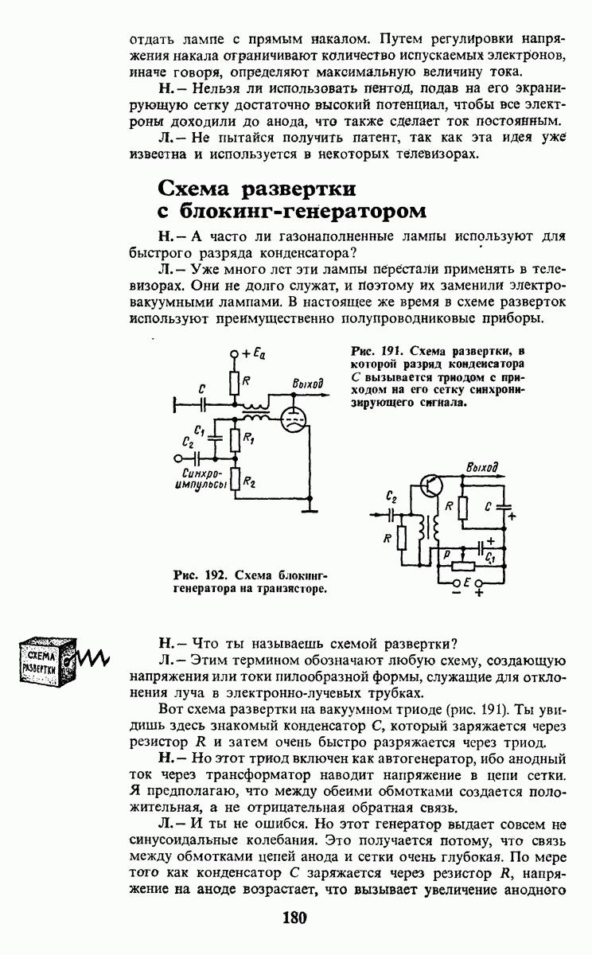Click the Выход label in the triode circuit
(x=307, y=384)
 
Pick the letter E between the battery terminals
(x=466, y=583)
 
